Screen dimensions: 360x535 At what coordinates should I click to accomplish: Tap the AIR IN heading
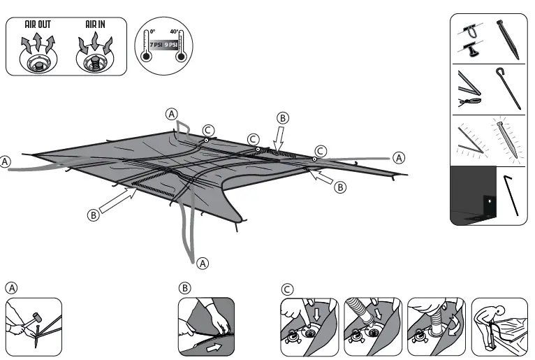coord(95,24)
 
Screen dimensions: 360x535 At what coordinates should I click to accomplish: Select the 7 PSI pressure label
coord(155,45)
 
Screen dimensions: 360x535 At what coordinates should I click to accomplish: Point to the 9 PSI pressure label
coord(171,45)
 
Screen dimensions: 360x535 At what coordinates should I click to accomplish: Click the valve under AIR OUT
coord(38,61)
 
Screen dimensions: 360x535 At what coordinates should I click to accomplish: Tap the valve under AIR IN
coord(95,61)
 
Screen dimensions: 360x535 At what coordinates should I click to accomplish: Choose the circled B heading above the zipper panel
coord(184,288)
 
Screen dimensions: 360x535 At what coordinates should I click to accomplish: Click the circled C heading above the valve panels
coord(287,288)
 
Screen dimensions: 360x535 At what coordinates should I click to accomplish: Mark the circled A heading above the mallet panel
coord(12,288)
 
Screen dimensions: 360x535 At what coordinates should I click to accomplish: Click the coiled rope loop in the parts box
coord(469,102)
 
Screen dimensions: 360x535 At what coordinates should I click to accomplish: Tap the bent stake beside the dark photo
coord(511,196)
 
